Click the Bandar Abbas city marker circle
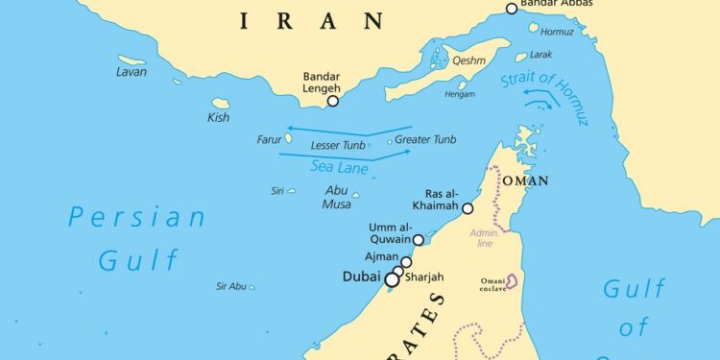tap(512, 9)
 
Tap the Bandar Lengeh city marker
tap(333, 100)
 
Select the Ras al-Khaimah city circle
tap(468, 208)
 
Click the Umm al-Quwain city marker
tap(419, 240)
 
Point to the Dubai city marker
tap(392, 279)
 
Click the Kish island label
tap(219, 118)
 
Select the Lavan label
tap(132, 71)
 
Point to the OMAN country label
tap(525, 180)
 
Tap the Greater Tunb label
tap(425, 139)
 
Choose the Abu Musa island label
tap(336, 197)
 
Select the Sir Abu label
tap(231, 286)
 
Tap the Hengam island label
tap(460, 94)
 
